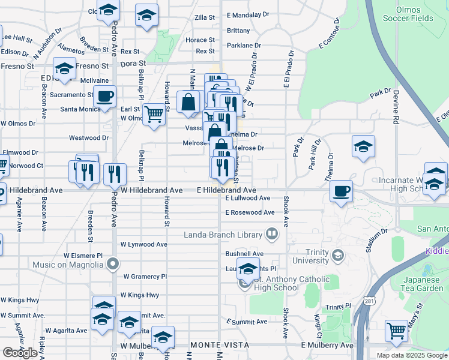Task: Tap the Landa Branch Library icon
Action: click(272, 233)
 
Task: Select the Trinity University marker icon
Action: click(337, 256)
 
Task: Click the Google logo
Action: click(20, 353)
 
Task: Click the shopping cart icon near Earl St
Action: click(155, 113)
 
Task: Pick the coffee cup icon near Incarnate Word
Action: click(341, 191)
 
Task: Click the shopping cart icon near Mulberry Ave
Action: click(396, 331)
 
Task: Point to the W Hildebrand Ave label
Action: click(151, 190)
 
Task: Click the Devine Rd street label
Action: click(396, 109)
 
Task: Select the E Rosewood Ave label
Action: click(250, 212)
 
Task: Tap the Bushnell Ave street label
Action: click(244, 254)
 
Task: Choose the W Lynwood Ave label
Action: click(144, 244)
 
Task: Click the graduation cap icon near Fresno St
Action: click(64, 68)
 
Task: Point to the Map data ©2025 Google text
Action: click(411, 355)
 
